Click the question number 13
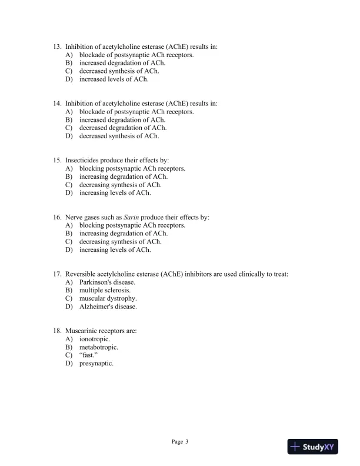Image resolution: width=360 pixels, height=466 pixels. pos(57,46)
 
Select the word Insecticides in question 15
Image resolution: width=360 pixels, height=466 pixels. pos(83,160)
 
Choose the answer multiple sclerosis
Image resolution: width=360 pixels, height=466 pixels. pos(105,290)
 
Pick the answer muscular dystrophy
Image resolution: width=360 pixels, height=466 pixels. pos(108,298)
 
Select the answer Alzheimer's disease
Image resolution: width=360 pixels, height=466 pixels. pos(108,307)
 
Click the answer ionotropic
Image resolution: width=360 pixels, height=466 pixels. pos(95,339)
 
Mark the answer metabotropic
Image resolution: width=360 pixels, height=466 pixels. pos(99,347)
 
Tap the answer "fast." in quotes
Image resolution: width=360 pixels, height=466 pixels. pos(88,355)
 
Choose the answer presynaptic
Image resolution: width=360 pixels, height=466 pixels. pos(96,364)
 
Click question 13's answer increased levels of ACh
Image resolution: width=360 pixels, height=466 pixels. pos(114,79)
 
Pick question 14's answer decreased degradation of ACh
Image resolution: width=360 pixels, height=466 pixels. pos(123,128)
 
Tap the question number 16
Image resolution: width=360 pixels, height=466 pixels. pos(57,217)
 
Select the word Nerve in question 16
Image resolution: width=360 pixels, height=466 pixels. pos(74,217)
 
